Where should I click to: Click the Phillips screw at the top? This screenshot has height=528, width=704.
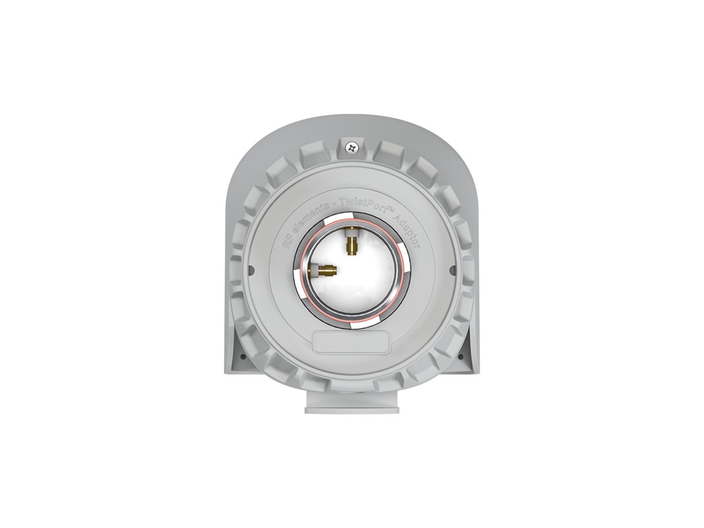click(x=352, y=146)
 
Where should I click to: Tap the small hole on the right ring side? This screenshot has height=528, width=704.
click(x=454, y=268)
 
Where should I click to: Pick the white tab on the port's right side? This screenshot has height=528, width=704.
click(x=406, y=260)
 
